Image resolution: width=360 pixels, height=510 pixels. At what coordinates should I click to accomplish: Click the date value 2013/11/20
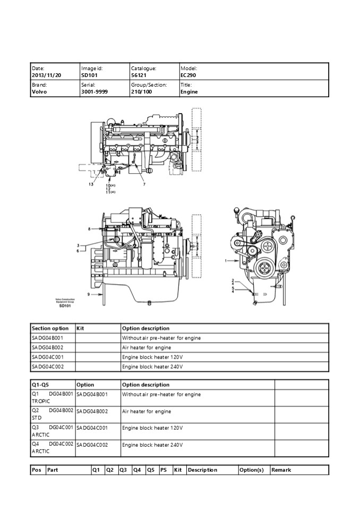(47, 76)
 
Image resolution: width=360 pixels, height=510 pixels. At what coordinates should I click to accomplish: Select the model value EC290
(188, 76)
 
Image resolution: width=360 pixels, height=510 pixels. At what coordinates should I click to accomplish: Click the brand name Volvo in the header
(39, 92)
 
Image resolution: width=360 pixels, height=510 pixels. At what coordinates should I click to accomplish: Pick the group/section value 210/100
(141, 92)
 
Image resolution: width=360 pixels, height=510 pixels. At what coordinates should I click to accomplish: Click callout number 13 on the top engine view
(91, 184)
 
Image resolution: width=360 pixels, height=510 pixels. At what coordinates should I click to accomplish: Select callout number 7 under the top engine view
(143, 184)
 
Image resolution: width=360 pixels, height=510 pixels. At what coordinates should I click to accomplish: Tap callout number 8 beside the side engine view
(89, 228)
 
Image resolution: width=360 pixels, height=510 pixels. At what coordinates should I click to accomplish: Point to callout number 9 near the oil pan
(88, 294)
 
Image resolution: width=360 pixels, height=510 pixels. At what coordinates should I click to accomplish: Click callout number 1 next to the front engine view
(226, 261)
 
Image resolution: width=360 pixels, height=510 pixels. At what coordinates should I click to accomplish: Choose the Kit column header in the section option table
(81, 328)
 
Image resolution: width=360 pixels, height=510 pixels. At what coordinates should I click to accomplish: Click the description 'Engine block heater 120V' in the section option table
(152, 357)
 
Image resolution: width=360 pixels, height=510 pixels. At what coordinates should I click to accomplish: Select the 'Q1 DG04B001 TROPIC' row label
(52, 398)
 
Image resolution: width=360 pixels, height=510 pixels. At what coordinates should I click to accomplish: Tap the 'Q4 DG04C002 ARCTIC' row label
(52, 448)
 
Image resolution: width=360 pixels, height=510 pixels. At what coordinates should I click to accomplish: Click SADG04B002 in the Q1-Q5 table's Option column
(92, 411)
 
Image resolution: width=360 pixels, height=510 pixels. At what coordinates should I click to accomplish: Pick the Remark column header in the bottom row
(281, 470)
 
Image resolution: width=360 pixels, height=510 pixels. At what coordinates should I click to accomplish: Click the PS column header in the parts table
(164, 470)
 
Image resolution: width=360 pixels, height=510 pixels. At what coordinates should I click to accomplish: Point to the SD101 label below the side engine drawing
(65, 305)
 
